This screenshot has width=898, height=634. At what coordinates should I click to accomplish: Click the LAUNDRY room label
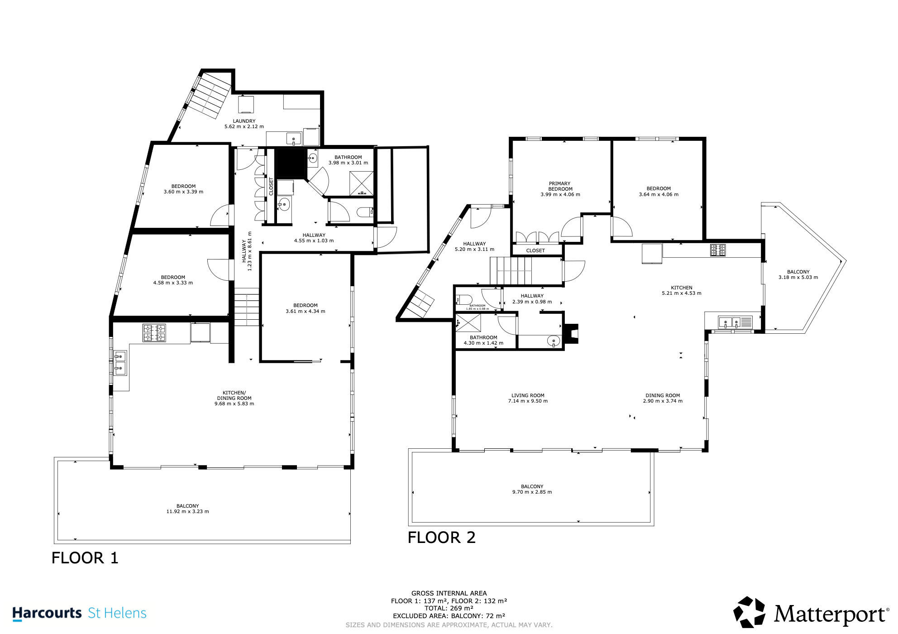[x=244, y=121]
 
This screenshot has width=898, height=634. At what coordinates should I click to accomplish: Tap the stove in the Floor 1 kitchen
[x=154, y=333]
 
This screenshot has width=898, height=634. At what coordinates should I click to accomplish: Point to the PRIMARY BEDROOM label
[x=560, y=186]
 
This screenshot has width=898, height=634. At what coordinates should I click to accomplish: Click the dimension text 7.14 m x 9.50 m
[x=528, y=401]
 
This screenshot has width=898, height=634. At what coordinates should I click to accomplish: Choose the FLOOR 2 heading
[x=442, y=538]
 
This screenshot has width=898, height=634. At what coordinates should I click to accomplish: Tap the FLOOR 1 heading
[x=85, y=558]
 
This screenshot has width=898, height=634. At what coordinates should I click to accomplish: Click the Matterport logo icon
[x=749, y=612]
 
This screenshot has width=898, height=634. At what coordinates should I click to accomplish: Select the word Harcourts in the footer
[x=47, y=613]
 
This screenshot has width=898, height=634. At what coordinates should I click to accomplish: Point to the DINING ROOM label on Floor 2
[x=663, y=395]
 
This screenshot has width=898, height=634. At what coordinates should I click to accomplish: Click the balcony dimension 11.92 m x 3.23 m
[x=187, y=511]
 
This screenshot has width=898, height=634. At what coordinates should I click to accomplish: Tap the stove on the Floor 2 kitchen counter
[x=718, y=250]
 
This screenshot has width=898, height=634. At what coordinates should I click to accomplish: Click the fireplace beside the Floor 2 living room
[x=572, y=334]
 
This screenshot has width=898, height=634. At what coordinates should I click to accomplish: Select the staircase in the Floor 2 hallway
[x=511, y=271]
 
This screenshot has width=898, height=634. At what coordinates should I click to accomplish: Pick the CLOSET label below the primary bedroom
[x=535, y=250]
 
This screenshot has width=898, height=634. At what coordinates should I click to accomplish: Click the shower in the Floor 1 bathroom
[x=362, y=183]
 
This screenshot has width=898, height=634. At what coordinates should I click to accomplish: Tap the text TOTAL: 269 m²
[x=449, y=608]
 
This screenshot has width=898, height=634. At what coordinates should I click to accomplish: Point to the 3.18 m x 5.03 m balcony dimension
[x=798, y=277]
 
